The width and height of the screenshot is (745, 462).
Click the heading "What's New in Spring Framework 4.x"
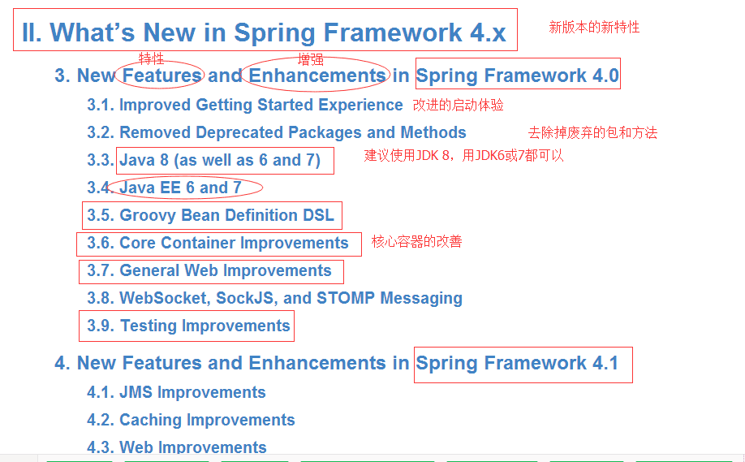click(278, 32)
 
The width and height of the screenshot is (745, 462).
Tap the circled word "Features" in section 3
click(161, 75)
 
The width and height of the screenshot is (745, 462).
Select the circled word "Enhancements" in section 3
click(317, 75)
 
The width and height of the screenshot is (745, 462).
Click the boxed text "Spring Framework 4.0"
click(518, 75)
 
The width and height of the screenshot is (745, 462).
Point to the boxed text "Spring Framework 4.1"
click(517, 363)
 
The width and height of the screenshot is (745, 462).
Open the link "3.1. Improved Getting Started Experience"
click(245, 105)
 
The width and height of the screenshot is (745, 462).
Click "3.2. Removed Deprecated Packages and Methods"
click(277, 132)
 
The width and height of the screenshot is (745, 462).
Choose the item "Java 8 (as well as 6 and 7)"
click(219, 160)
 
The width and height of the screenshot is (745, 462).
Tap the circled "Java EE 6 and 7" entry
click(180, 188)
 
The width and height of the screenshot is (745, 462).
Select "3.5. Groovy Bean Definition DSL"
click(210, 215)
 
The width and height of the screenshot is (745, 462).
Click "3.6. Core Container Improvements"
click(217, 243)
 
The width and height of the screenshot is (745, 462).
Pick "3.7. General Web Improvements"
click(209, 270)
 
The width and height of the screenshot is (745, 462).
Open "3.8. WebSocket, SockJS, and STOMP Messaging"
click(274, 299)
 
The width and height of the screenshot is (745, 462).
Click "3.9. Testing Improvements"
click(188, 326)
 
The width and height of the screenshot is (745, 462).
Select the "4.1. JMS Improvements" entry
click(176, 392)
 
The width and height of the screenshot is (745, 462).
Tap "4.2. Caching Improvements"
click(191, 420)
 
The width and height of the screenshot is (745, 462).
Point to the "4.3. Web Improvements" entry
click(177, 447)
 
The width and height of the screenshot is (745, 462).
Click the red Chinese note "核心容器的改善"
click(416, 241)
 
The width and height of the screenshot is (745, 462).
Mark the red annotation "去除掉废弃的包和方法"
click(592, 132)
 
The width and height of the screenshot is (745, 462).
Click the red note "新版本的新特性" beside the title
click(594, 27)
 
